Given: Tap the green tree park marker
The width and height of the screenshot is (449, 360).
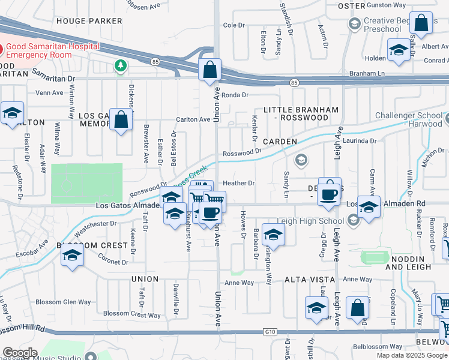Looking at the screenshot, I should tap(121, 65).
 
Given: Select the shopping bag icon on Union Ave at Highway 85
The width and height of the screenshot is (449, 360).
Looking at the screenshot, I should tap(210, 70).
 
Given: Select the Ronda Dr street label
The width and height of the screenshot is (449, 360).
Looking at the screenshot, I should tap(235, 95).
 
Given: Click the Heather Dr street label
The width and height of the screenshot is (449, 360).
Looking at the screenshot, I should tap(239, 183).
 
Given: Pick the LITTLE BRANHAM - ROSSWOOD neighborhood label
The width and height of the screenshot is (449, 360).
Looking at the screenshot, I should tap(297, 113).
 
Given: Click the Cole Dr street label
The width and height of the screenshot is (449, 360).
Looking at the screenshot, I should tap(235, 25).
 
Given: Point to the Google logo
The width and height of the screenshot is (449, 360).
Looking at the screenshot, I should tap(20, 353).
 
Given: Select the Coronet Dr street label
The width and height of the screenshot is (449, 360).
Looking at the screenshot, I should tap(106, 261).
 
